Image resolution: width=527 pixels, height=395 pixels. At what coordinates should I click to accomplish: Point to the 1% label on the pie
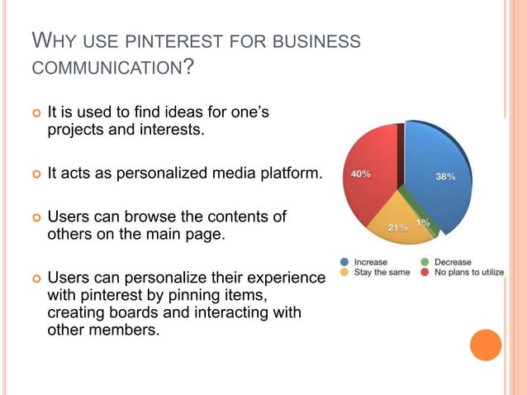(x=423, y=222)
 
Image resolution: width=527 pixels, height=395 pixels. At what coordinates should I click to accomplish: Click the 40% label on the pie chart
(x=360, y=174)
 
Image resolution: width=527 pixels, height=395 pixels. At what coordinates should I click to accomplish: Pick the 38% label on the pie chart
(x=445, y=176)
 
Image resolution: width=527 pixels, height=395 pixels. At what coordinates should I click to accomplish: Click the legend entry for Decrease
(x=453, y=261)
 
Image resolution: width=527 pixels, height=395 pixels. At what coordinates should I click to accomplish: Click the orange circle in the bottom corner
(x=486, y=345)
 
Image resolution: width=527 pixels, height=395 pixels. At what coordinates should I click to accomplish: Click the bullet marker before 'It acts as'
(x=34, y=174)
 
